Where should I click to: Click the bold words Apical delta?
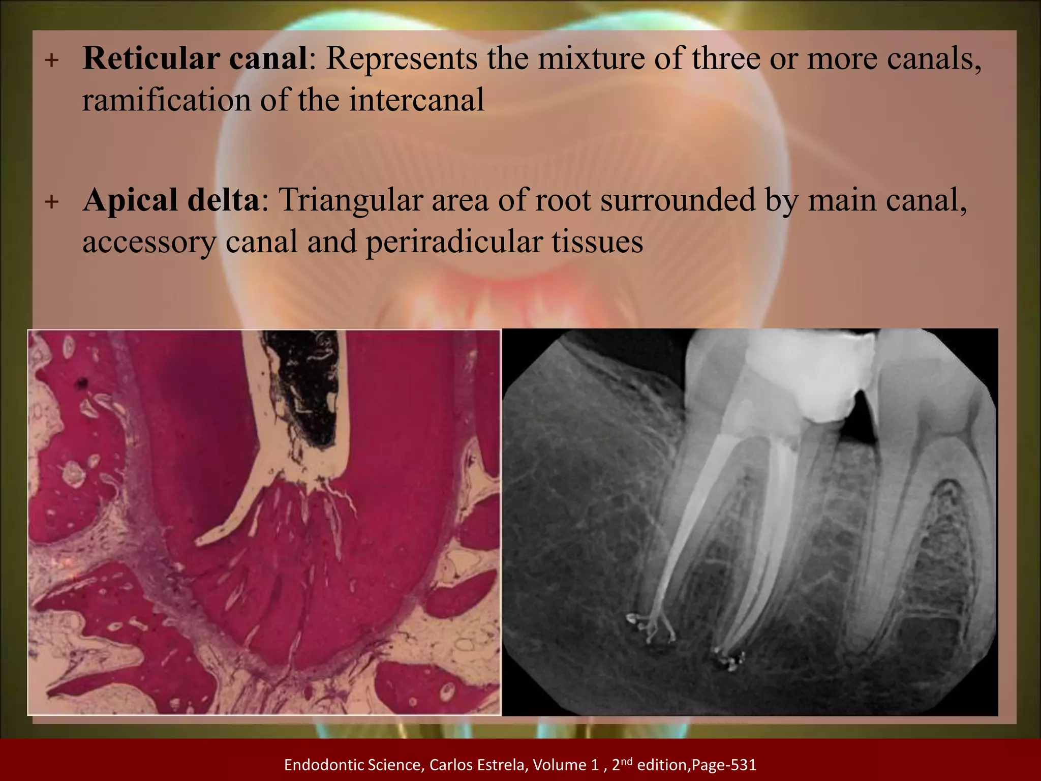point(171,200)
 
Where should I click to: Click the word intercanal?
point(416,100)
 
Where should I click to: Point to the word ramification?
point(166,100)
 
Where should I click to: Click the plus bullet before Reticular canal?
point(51,61)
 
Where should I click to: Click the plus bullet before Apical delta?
point(51,202)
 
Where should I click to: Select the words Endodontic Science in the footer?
point(352,764)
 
